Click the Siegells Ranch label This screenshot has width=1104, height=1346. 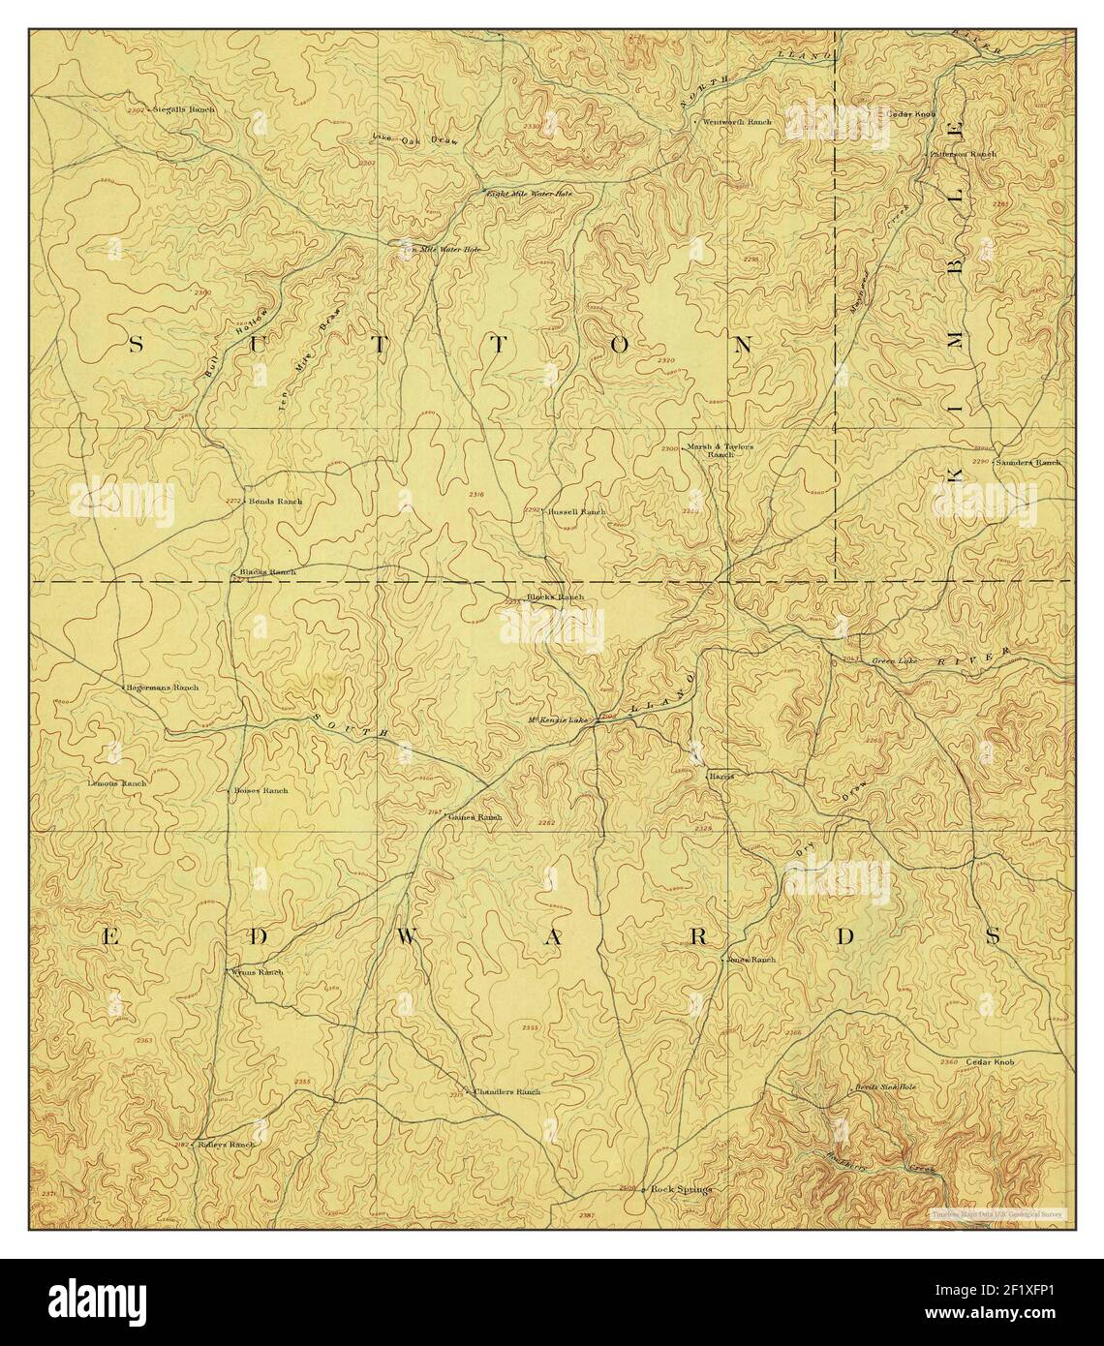coord(186,110)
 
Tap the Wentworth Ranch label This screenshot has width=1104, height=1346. coord(737,123)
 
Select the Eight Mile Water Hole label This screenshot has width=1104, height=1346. coord(530,194)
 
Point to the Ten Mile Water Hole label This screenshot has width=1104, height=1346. coord(443,249)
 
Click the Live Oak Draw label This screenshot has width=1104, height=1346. coord(414,140)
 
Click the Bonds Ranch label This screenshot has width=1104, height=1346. coord(276,502)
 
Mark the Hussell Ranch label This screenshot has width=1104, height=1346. coord(577,511)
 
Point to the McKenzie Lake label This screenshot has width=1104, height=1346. coord(559,720)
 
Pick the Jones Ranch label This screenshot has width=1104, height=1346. coord(752,960)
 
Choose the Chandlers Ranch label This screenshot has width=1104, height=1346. coord(506,1091)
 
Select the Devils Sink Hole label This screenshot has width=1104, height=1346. coord(885,1086)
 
